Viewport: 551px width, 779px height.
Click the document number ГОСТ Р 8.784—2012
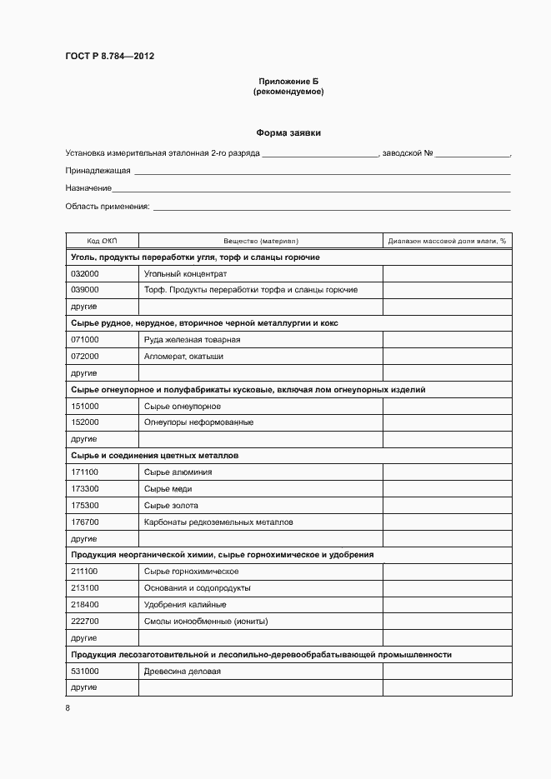109,57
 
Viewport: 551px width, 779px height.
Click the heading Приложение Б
288,81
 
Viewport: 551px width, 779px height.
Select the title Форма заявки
288,132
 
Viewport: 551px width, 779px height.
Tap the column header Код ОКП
102,241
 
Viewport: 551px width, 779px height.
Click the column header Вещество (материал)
260,241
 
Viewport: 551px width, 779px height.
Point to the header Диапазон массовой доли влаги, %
447,241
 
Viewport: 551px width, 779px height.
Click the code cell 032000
85,273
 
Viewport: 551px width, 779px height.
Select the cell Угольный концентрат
185,273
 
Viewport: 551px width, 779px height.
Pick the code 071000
85,340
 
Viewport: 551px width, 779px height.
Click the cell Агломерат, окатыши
183,357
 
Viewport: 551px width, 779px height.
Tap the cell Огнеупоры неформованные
198,422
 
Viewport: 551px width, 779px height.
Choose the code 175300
85,506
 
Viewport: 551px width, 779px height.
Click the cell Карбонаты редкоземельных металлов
218,522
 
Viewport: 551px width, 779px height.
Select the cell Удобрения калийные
185,605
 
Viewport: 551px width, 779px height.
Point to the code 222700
85,622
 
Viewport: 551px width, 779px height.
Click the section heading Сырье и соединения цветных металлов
154,456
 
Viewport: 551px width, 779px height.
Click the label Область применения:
107,206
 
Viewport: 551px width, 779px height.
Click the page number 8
68,708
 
